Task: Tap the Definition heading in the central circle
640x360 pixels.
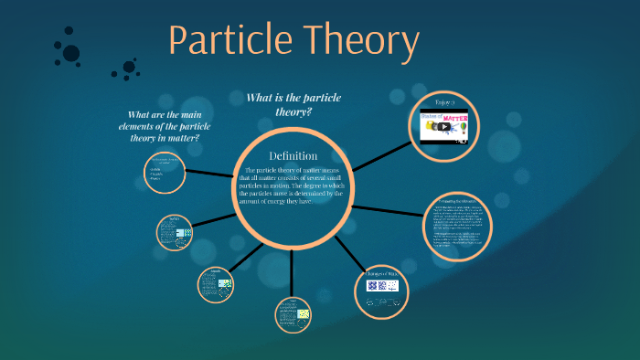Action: click(293, 155)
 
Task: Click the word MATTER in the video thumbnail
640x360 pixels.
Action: click(456, 118)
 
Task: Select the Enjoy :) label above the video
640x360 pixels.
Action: click(443, 101)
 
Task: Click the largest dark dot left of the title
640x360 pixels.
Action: click(70, 53)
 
